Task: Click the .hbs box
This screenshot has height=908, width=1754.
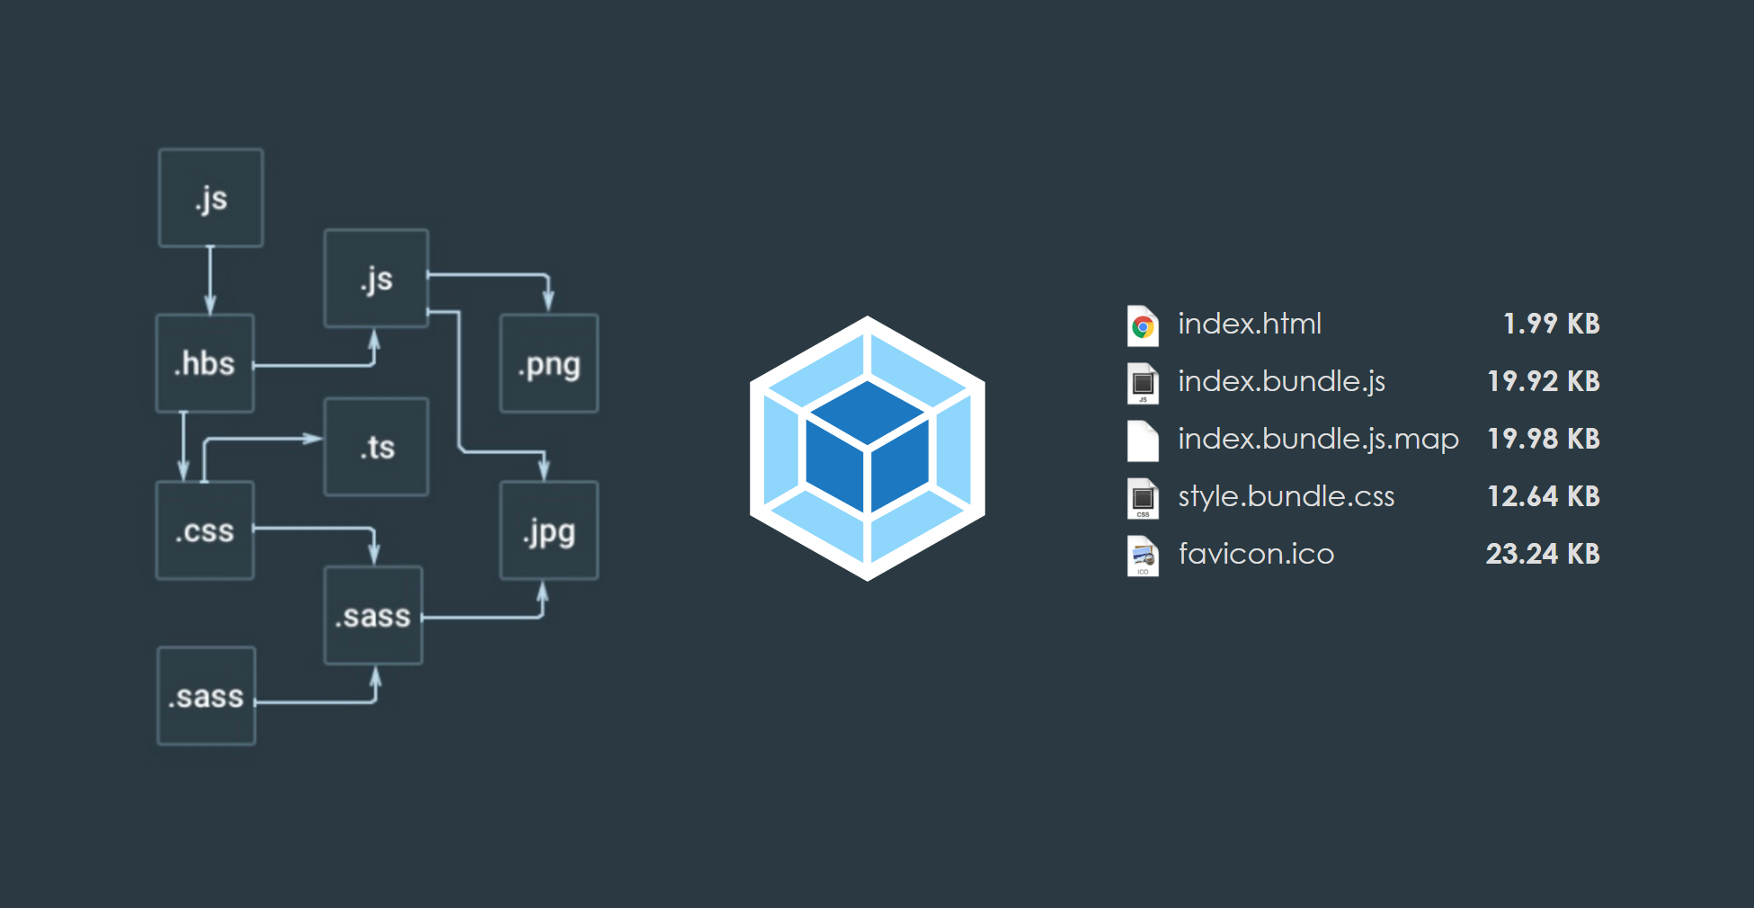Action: tap(205, 363)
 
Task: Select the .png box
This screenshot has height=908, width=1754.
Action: tap(548, 363)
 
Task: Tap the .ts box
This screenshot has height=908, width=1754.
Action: tap(376, 447)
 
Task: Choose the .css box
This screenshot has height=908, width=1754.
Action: tap(205, 530)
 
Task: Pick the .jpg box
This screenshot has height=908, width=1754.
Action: tap(548, 530)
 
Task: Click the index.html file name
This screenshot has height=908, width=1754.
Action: tap(1250, 324)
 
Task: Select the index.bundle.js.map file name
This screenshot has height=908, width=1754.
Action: tap(1318, 439)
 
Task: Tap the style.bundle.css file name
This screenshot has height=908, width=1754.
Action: tap(1286, 496)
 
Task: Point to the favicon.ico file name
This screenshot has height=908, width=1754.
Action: tap(1256, 554)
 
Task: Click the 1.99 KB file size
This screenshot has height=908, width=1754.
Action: tap(1551, 324)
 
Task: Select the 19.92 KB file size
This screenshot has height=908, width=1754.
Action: tap(1544, 381)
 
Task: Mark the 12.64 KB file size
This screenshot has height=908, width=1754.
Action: tap(1544, 496)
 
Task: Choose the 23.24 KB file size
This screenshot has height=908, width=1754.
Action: tap(1543, 554)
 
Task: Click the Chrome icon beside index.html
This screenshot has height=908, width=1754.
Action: tap(1143, 325)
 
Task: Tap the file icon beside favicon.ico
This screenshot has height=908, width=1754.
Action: tap(1143, 556)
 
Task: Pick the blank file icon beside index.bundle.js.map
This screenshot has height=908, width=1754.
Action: tap(1143, 441)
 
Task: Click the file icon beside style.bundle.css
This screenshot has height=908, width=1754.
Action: tap(1143, 498)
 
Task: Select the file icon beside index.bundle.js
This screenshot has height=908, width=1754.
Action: tap(1143, 383)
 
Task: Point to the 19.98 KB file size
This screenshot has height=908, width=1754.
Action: tap(1544, 439)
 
